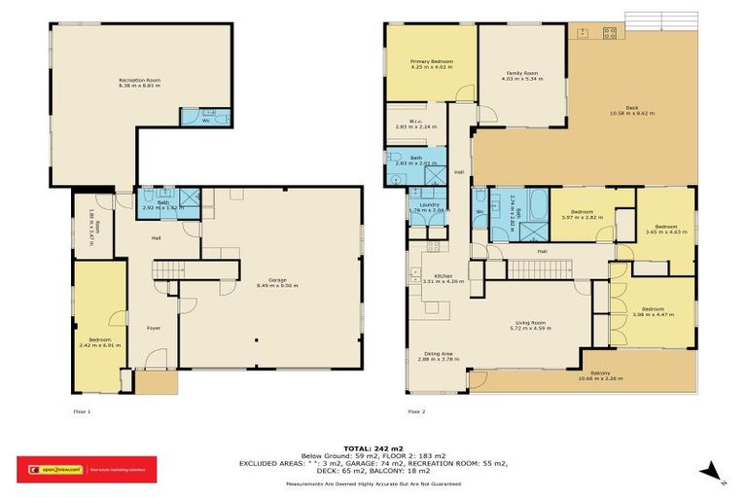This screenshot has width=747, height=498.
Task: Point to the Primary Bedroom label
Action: click(x=431, y=64)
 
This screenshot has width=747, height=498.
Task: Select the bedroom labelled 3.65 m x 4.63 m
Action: click(x=665, y=229)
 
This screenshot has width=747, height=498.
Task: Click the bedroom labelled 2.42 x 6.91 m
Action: click(x=99, y=340)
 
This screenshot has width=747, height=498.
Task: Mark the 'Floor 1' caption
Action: click(x=82, y=410)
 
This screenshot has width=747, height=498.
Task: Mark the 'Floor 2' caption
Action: click(x=416, y=410)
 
